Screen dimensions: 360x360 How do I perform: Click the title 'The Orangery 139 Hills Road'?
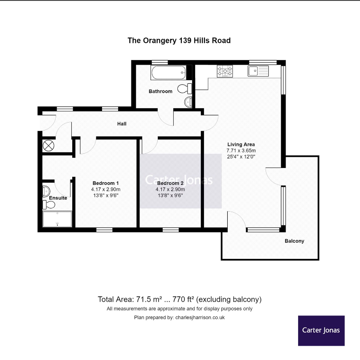[x=179, y=41]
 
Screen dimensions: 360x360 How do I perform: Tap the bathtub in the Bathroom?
[x=168, y=73]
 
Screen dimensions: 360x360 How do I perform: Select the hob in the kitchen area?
[x=225, y=71]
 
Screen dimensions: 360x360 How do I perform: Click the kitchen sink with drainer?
[x=258, y=71]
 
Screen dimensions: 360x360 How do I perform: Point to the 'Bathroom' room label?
[x=160, y=91]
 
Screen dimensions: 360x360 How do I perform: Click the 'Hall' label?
[x=122, y=123]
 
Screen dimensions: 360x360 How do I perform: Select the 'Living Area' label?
[x=241, y=144]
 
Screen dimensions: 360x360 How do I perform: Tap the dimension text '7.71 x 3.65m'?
[x=241, y=151]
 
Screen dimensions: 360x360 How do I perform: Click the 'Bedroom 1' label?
[x=106, y=183]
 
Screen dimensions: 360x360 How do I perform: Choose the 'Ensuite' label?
[x=58, y=198]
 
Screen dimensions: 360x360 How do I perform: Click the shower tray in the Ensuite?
[x=57, y=219]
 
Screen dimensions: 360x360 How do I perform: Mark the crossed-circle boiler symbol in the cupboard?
[x=48, y=145]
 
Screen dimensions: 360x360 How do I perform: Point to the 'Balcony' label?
[x=295, y=241]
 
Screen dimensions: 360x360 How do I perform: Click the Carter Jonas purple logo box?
[x=321, y=330]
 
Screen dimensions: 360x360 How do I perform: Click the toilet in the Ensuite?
[x=49, y=205]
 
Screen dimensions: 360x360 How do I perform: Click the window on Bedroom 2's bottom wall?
[x=170, y=230]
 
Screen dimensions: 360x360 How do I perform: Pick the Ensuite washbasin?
[x=46, y=191]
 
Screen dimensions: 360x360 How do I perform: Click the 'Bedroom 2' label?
[x=170, y=183]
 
